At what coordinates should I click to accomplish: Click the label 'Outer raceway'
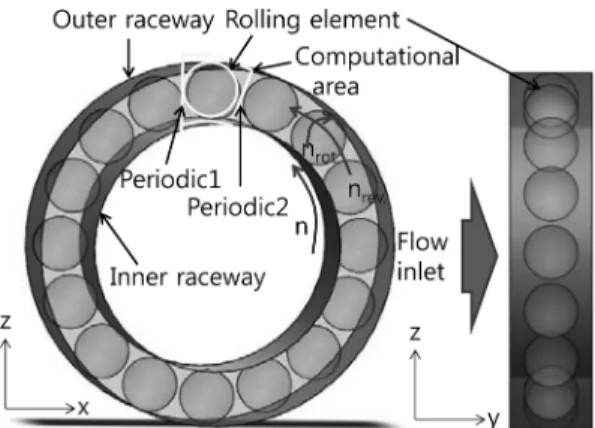click(x=133, y=20)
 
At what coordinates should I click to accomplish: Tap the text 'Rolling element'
click(x=312, y=20)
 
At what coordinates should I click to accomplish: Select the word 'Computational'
click(x=377, y=58)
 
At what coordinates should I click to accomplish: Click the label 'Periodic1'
click(x=170, y=178)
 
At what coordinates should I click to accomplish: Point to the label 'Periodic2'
click(x=238, y=207)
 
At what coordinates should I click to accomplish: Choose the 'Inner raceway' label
click(x=187, y=277)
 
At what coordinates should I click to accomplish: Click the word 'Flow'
click(x=422, y=242)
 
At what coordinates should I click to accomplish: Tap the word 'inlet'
click(x=420, y=271)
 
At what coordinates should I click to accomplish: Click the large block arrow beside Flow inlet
click(x=479, y=256)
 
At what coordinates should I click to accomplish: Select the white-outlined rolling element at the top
click(x=211, y=90)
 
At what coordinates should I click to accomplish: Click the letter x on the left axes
click(x=83, y=408)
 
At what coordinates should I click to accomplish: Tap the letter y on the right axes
click(x=493, y=418)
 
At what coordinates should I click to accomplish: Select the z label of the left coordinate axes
click(x=6, y=322)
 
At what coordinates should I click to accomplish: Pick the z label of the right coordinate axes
click(x=415, y=333)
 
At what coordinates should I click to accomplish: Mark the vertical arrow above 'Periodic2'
click(x=240, y=146)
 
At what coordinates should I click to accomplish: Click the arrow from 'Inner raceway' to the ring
click(x=118, y=239)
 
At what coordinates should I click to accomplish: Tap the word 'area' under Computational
click(x=335, y=87)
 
